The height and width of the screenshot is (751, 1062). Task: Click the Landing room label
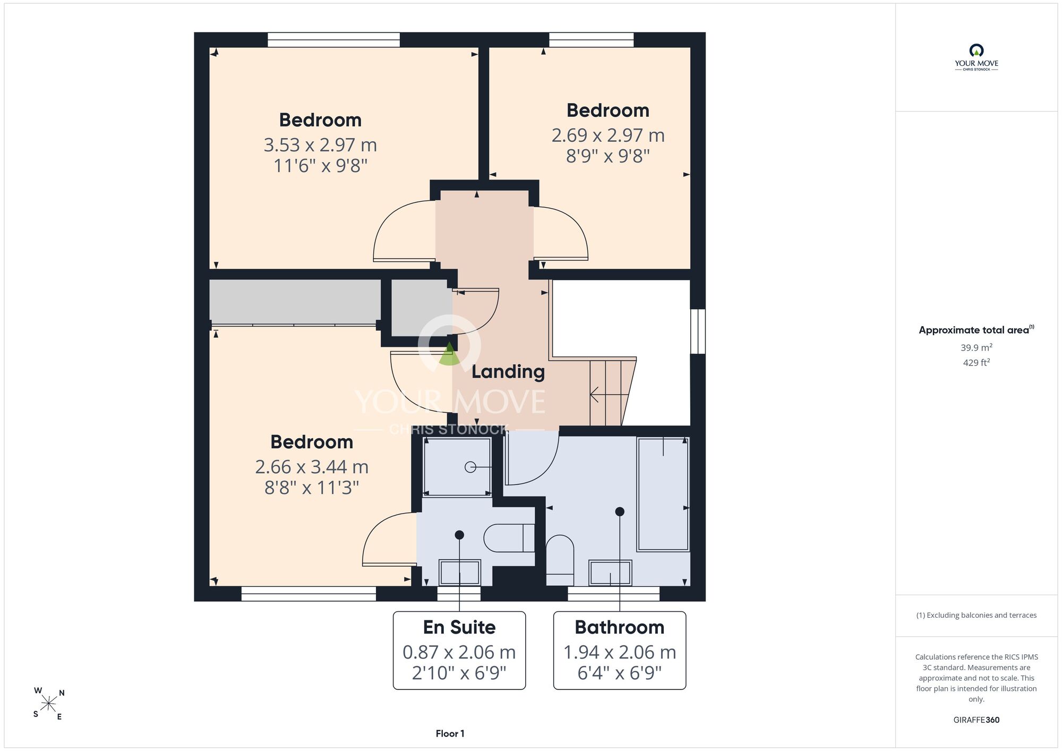coord(508,372)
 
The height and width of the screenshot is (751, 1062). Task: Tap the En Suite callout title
coord(459,627)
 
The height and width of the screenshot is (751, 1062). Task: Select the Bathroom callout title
coord(620,627)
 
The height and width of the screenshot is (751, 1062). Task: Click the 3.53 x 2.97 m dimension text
coord(320,145)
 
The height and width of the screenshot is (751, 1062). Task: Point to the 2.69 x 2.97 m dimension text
coord(608,135)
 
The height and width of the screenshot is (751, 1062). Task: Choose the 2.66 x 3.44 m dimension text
coord(312,467)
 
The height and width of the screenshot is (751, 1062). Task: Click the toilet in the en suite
coord(509,538)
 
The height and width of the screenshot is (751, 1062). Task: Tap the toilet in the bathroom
coord(560,560)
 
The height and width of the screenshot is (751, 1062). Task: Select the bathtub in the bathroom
coord(663,494)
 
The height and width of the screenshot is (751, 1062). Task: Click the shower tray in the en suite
coord(457,467)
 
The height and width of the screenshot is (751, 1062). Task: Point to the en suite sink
coord(459,573)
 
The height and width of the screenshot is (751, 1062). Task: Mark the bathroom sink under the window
coord(611,573)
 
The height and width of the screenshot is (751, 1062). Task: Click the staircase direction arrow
coord(609,395)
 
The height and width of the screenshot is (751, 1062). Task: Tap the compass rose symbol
coord(49,704)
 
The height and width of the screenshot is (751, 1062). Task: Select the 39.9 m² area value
coord(977,347)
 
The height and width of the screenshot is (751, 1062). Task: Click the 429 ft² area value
coord(977,363)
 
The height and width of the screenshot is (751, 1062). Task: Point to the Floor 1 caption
coord(450,733)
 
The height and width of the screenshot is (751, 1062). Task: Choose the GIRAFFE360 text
coord(977,720)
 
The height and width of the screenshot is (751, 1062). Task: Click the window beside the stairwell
coord(698,331)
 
